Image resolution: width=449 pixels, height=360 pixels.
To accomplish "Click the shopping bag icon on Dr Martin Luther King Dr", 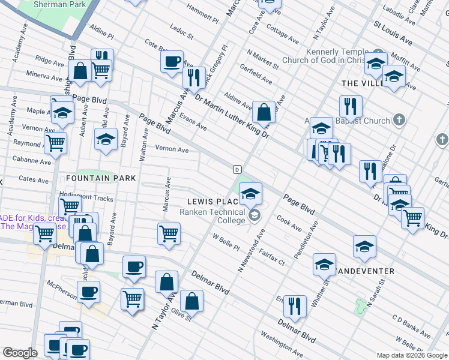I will pyautogui.click(x=264, y=111).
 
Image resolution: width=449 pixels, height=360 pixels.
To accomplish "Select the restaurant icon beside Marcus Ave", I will pyautogui.click(x=193, y=76).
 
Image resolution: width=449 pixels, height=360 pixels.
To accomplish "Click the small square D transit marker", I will pyautogui.click(x=237, y=169).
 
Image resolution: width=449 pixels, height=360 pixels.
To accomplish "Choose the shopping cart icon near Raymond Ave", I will pyautogui.click(x=56, y=143).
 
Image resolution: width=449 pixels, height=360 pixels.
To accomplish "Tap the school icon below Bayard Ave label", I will pyautogui.click(x=106, y=140).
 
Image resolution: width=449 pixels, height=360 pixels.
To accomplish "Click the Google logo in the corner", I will pyautogui.click(x=20, y=352).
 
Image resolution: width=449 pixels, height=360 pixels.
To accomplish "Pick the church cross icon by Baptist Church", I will pyautogui.click(x=398, y=120).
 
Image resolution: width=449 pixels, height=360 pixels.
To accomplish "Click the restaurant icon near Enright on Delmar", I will pyautogui.click(x=294, y=306).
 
